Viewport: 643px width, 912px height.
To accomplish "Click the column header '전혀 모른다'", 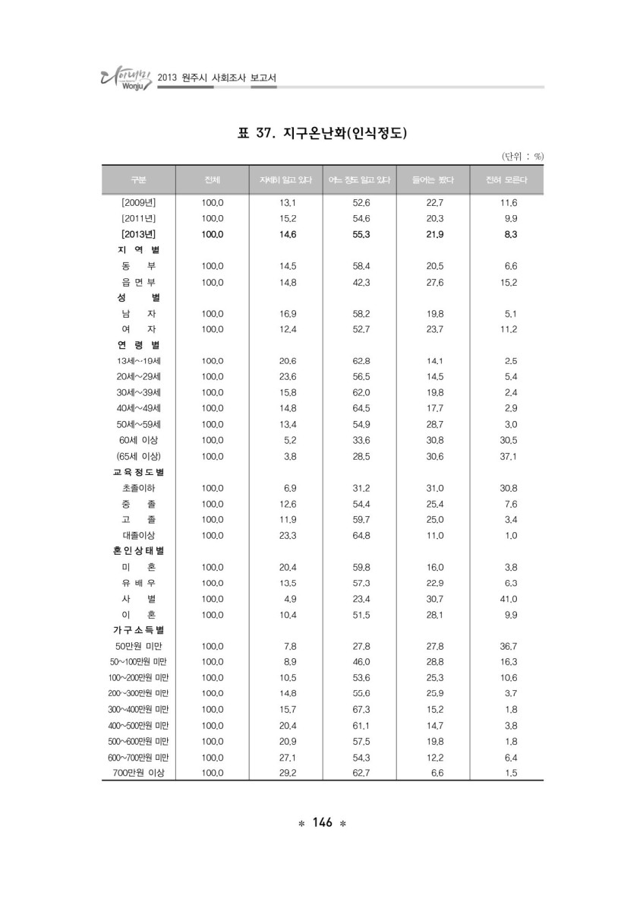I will coord(506,180).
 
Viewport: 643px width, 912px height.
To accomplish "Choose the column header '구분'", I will coord(138,180).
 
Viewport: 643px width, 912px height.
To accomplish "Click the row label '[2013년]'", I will coord(138,234).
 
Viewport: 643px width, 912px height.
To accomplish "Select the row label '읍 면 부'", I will coord(138,282).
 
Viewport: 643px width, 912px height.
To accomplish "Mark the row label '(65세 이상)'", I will coord(138,456).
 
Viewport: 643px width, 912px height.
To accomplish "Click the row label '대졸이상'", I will coord(138,535).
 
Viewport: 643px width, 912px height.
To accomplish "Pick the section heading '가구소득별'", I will coord(138,630).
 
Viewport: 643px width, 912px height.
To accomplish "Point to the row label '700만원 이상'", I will coord(138,773).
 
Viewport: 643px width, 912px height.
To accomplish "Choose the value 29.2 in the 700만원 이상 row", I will coord(288,773).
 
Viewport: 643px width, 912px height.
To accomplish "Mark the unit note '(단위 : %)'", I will coord(522,156).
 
